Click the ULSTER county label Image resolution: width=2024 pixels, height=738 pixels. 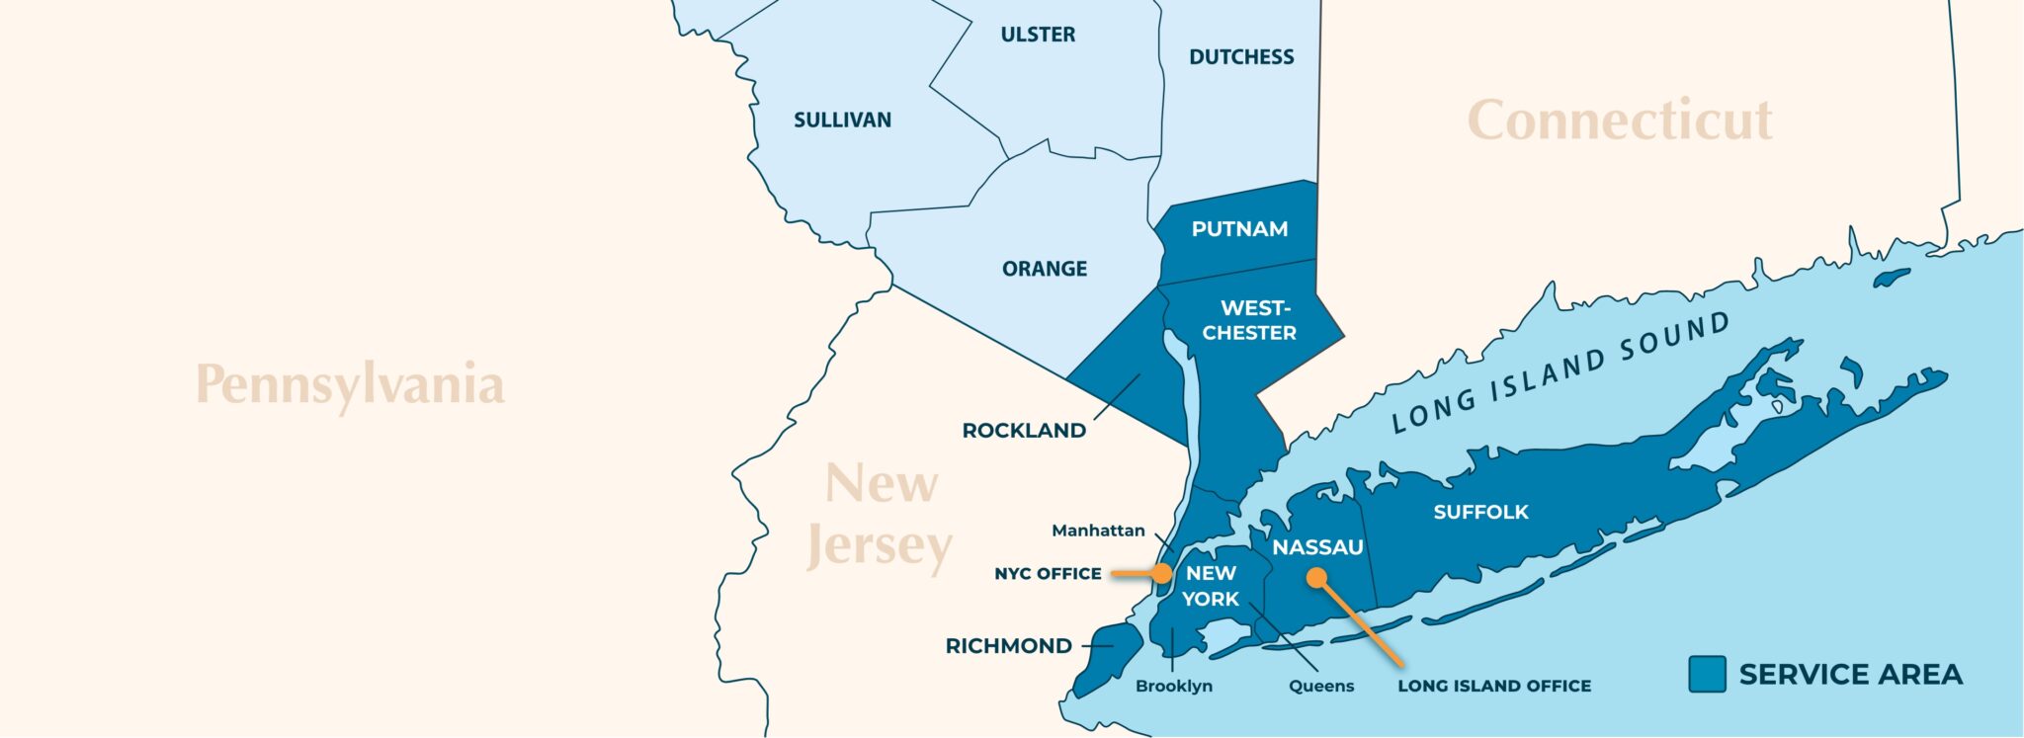click(1038, 35)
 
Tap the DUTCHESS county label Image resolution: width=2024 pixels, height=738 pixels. click(1241, 57)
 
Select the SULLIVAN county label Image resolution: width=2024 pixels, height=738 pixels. click(842, 121)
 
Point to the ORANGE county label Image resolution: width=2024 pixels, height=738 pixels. click(1045, 269)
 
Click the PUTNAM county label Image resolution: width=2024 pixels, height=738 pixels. click(1239, 229)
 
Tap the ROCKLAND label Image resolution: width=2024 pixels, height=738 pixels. click(1024, 431)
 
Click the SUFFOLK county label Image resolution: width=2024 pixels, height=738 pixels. click(1480, 512)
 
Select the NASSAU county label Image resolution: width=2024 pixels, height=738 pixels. click(1317, 547)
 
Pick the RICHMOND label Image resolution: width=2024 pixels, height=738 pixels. click(1008, 646)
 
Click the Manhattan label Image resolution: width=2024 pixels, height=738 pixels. click(1098, 531)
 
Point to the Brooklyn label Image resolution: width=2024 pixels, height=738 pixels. click(1174, 686)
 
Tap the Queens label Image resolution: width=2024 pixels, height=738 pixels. click(1321, 686)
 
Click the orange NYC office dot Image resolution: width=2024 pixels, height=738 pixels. click(1162, 573)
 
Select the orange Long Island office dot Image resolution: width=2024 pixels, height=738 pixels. click(1316, 578)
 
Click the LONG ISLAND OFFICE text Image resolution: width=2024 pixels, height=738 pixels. click(1494, 686)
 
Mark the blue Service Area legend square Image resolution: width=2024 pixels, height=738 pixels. click(1707, 674)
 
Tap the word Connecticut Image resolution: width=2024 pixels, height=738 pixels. click(1620, 121)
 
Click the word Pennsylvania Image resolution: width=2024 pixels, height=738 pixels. click(350, 384)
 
